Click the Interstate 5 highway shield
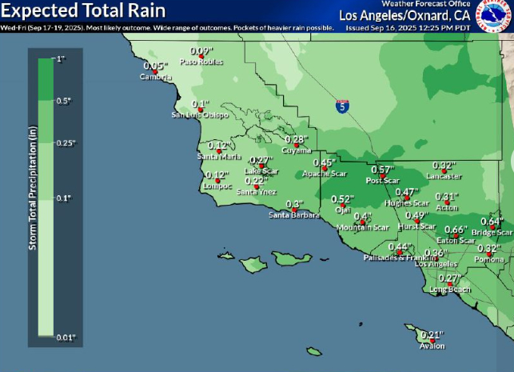click(x=341, y=106)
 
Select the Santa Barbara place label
click(x=293, y=214)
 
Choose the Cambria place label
click(x=155, y=77)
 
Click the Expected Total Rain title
click(x=83, y=10)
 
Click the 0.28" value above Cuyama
click(x=296, y=139)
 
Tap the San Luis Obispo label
click(x=200, y=114)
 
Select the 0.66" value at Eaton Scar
click(x=455, y=230)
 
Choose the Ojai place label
click(x=342, y=210)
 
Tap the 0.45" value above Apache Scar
click(x=324, y=162)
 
